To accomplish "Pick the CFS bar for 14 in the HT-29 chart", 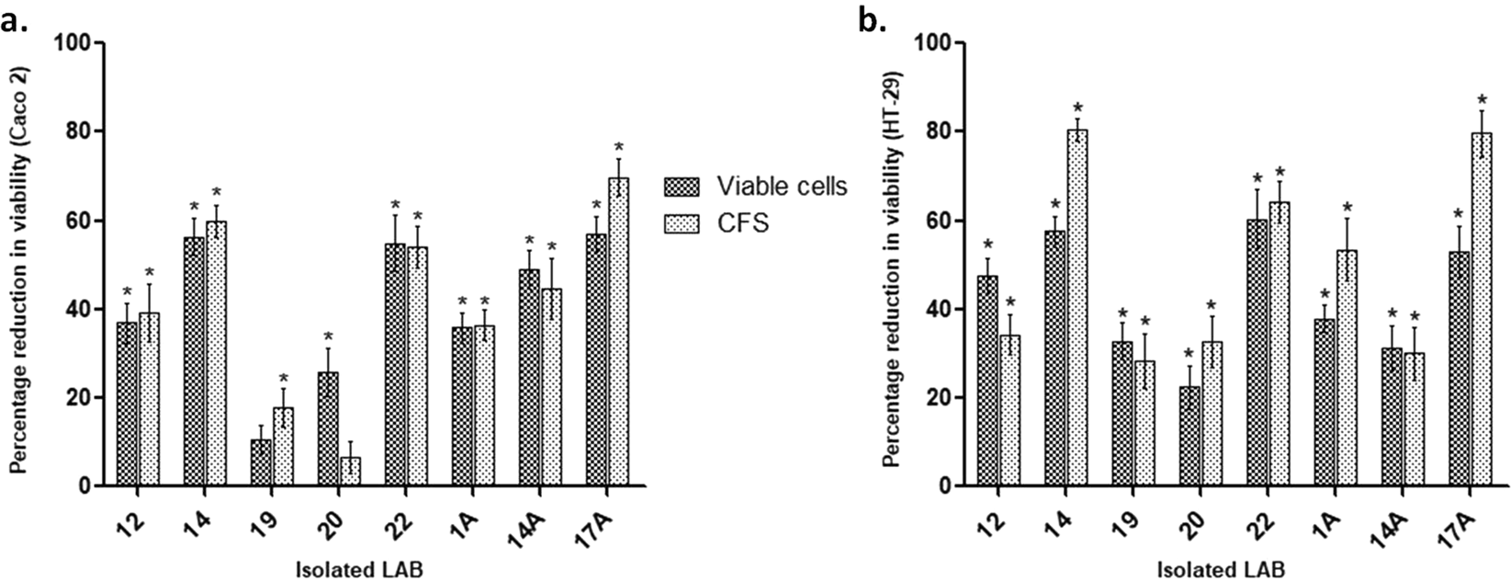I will point(1077,308).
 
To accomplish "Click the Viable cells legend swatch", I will point(682,188).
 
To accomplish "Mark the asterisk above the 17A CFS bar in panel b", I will point(1481,99).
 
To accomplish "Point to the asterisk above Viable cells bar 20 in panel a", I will point(328,336).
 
